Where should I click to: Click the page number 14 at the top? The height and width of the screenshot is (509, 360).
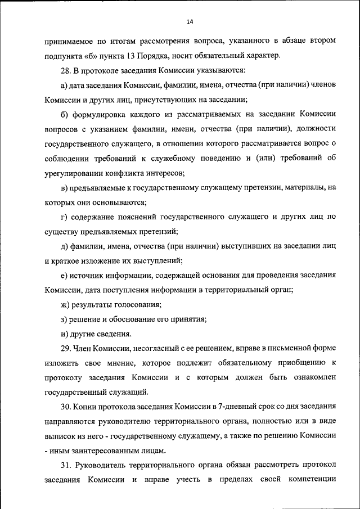coord(190,21)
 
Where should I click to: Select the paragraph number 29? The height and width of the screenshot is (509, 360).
coord(65,349)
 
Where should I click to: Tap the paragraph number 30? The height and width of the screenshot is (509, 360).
coord(65,407)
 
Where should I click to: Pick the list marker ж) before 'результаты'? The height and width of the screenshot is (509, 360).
coord(65,305)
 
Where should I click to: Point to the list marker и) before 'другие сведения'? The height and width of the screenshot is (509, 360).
coord(64,334)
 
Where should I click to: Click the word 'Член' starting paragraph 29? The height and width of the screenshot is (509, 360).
coord(83,349)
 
